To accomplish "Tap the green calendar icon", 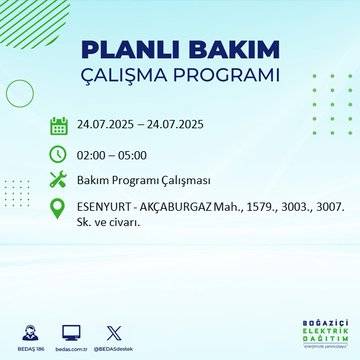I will pos(59,126).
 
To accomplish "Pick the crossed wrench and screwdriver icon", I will pos(59,180).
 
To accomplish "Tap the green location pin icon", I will pos(59,208).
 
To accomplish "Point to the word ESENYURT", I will pos(105,207).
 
